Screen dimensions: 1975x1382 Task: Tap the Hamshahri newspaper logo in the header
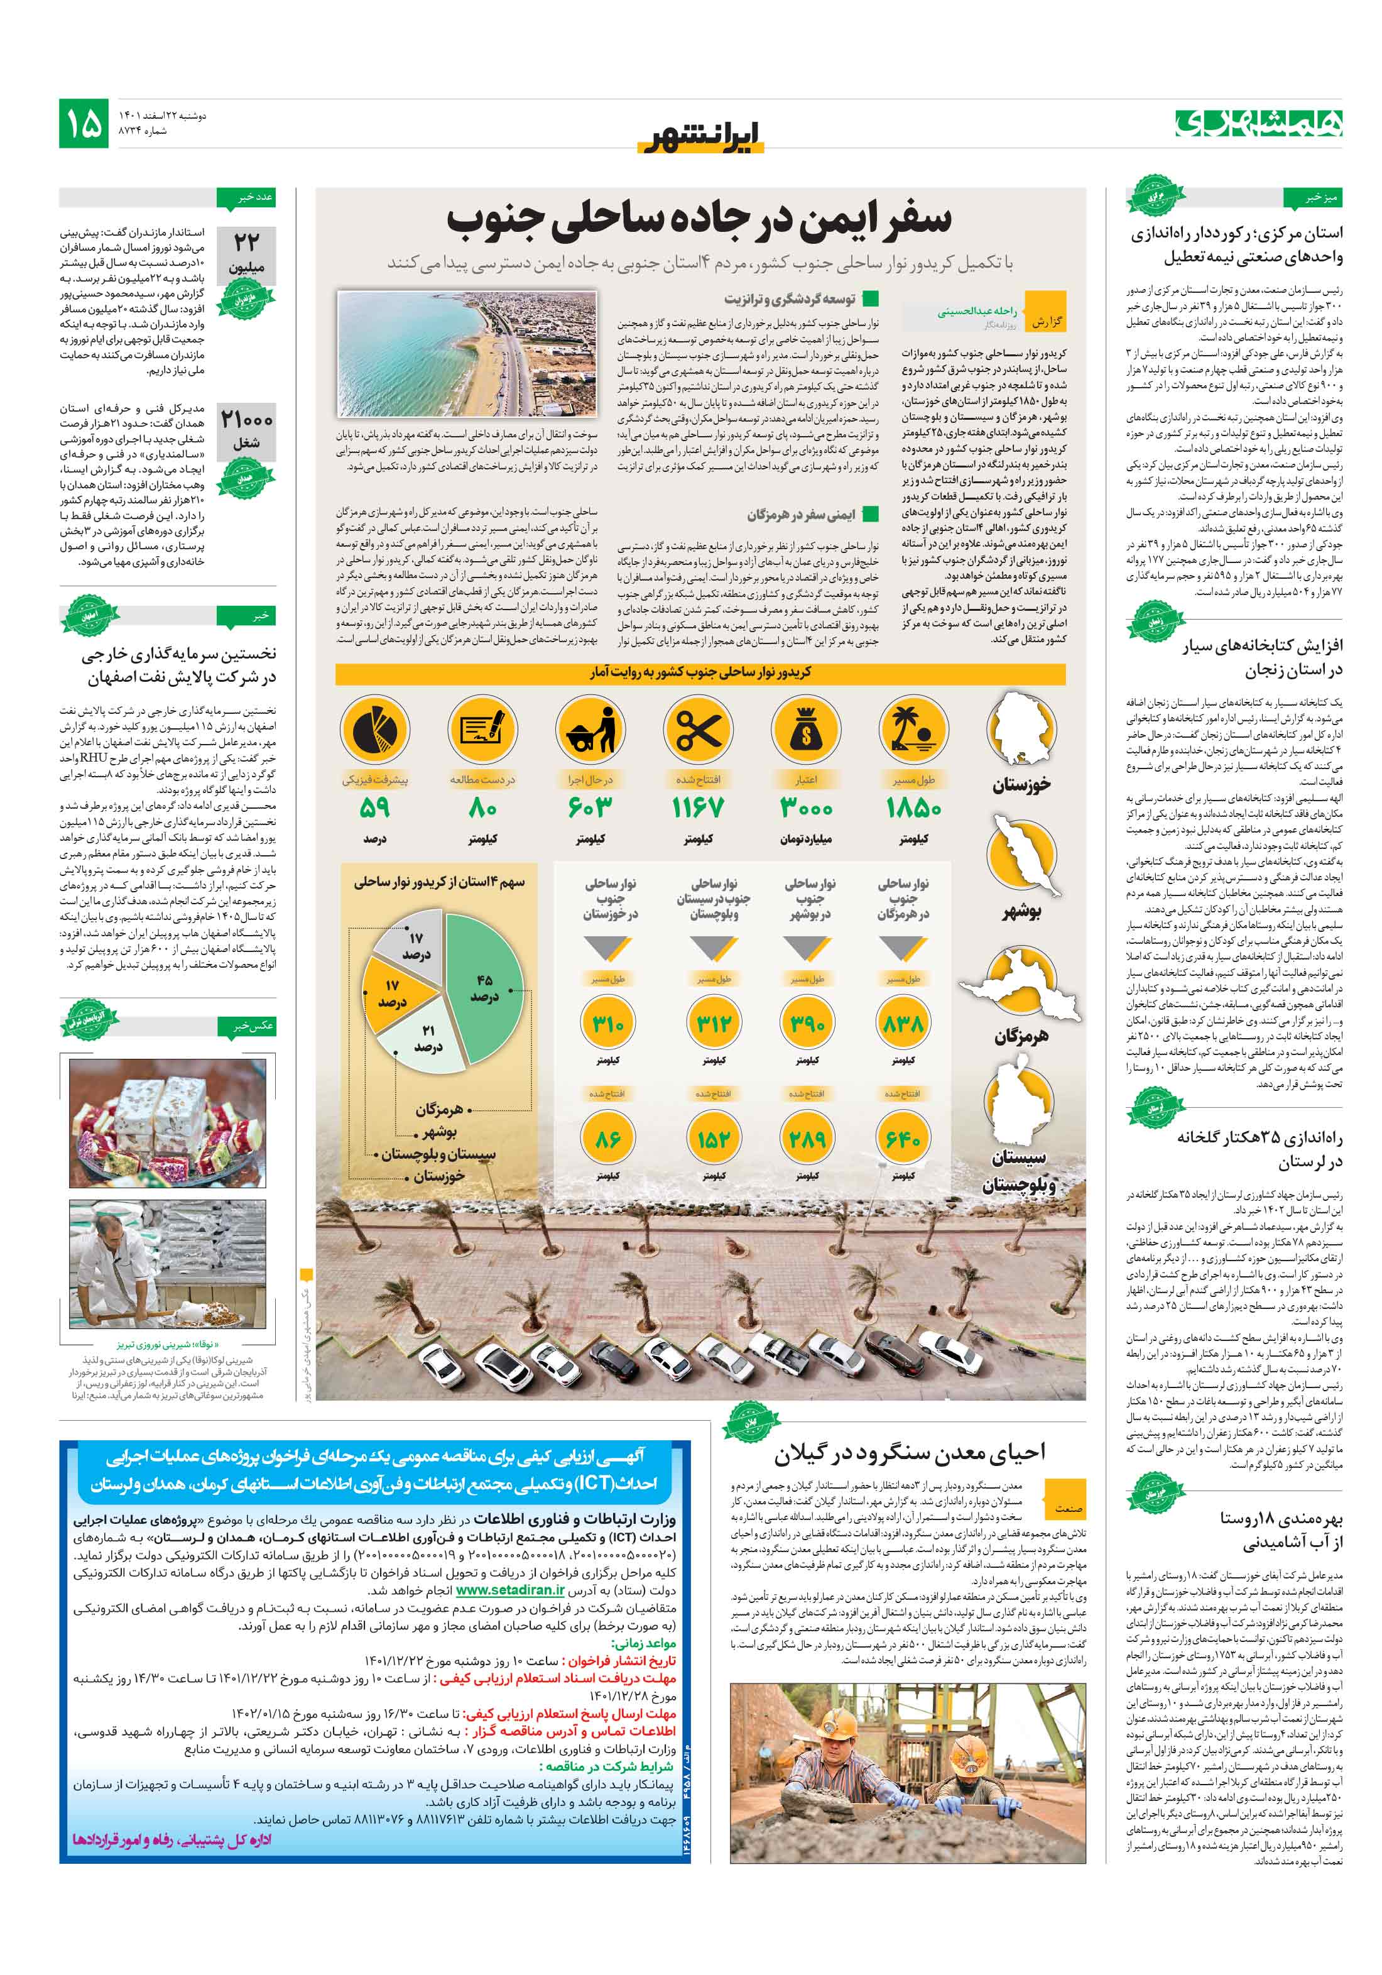[x=1258, y=123]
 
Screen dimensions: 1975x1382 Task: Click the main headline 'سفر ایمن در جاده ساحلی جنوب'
[x=699, y=219]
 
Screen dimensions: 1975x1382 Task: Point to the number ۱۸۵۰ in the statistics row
[x=913, y=807]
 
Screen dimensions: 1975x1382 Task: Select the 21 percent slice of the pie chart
[x=427, y=1039]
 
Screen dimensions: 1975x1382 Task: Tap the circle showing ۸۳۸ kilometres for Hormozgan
[x=902, y=1024]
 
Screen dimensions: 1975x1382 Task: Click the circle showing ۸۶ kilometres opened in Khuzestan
[x=608, y=1139]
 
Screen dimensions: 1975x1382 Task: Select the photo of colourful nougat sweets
[x=167, y=1122]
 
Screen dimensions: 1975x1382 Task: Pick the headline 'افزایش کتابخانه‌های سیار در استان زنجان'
[x=1261, y=657]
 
